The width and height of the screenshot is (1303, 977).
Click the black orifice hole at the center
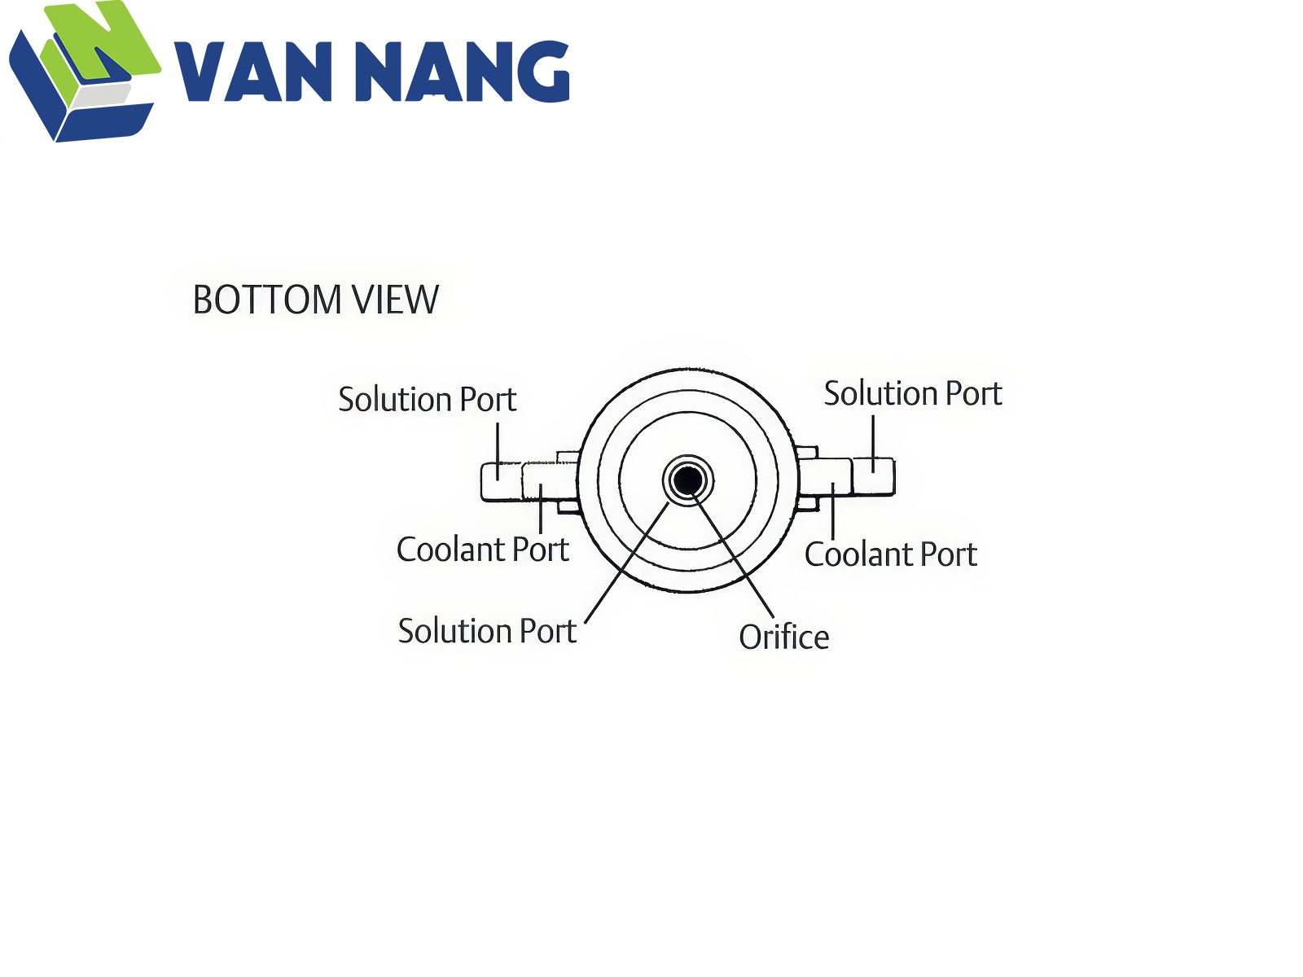[687, 480]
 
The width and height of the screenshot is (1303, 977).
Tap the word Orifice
[783, 637]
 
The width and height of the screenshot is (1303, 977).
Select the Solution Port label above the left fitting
[428, 399]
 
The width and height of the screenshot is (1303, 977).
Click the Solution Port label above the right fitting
[913, 393]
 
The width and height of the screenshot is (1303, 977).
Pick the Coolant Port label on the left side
[483, 550]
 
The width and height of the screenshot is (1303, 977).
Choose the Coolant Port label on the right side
[890, 554]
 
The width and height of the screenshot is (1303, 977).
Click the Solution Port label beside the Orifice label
[487, 630]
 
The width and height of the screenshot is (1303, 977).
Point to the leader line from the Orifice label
[733, 555]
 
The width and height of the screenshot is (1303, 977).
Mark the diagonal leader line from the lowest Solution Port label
[627, 563]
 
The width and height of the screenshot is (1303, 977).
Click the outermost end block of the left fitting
[502, 481]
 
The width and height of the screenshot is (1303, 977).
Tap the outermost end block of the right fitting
[873, 476]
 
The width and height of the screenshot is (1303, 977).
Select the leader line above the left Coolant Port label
[541, 508]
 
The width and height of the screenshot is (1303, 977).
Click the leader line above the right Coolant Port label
[833, 510]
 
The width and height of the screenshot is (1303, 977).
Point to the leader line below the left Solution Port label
[498, 451]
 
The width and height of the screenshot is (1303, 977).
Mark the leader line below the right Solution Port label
[873, 444]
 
